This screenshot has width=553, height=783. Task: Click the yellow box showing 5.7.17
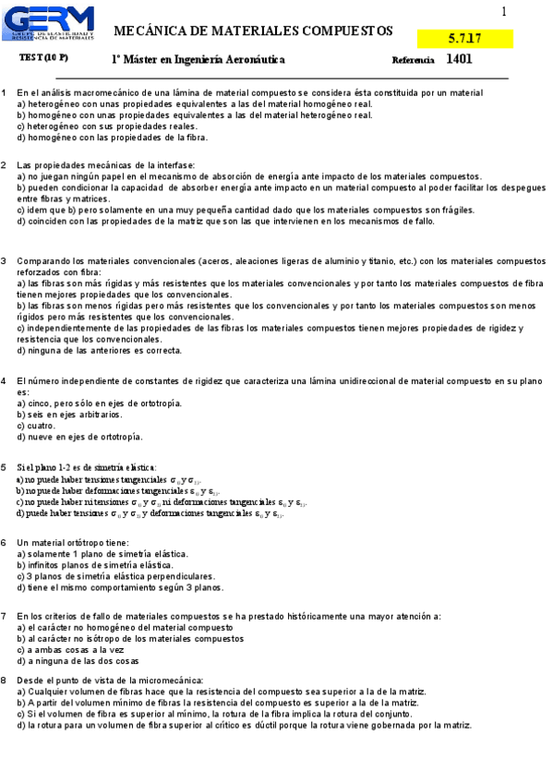click(463, 39)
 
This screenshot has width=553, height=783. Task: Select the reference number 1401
click(459, 59)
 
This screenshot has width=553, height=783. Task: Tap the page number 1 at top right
click(504, 12)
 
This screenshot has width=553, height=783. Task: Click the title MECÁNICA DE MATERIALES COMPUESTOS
click(252, 30)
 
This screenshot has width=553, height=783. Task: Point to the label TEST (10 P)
click(43, 58)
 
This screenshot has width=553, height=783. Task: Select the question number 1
click(5, 92)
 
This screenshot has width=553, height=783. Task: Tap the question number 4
click(5, 380)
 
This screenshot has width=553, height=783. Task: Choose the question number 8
click(5, 680)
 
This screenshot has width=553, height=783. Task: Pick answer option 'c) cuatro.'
click(36, 426)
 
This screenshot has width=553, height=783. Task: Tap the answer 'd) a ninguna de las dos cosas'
click(78, 661)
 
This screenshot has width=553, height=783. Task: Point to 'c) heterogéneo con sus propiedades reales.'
click(107, 126)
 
